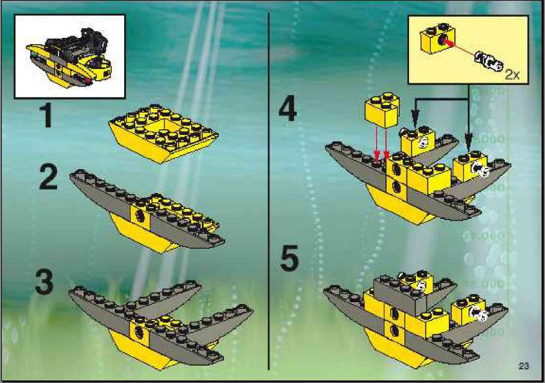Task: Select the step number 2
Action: (48, 177)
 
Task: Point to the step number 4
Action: (288, 109)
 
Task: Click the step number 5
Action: (289, 258)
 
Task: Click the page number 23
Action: (524, 366)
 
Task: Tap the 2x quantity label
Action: (512, 75)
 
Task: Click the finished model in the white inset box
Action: (70, 57)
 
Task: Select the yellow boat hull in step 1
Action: (163, 132)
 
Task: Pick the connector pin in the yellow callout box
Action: (489, 60)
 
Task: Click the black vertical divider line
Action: (269, 191)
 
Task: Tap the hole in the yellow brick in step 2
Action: (140, 216)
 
